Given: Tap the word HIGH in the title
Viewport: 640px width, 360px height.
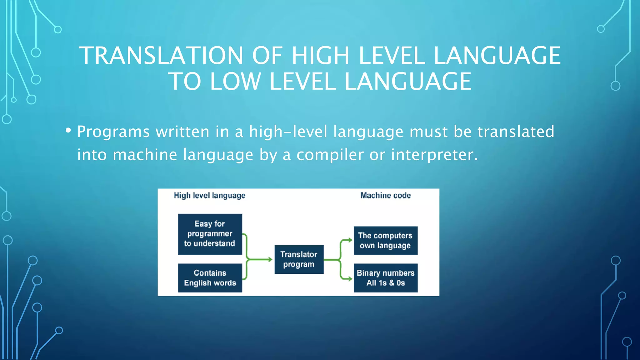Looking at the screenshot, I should click(320, 56).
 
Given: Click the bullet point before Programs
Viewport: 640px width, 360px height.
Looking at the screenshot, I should click(68, 130).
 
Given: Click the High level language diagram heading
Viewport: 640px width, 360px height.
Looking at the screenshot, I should click(209, 196).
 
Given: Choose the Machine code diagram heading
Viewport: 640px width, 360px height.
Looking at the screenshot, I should click(385, 195).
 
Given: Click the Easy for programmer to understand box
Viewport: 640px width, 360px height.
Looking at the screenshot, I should click(210, 234).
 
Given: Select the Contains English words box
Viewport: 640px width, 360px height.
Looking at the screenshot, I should click(210, 278).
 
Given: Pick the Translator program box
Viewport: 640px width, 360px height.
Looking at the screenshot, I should click(299, 259).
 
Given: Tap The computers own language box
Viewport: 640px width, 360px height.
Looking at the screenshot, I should click(385, 240).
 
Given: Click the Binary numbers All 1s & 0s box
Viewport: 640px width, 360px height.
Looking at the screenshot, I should click(385, 278).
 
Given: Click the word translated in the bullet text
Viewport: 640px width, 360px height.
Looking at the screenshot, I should click(516, 132).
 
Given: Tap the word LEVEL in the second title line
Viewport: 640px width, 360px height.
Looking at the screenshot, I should click(302, 82).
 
